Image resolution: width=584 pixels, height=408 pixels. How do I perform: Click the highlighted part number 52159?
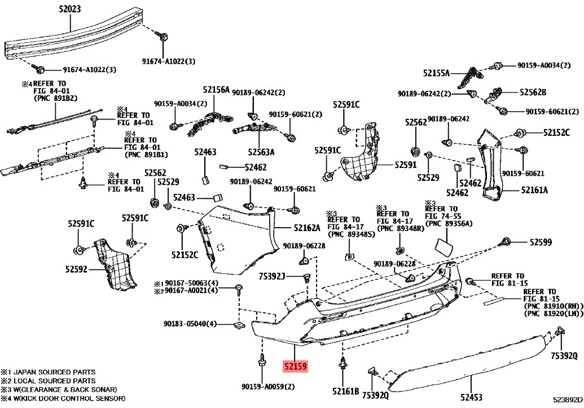[x=295, y=366]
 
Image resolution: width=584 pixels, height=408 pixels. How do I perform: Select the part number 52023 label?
[x=70, y=10]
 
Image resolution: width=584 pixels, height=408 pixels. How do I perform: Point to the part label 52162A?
[x=306, y=228]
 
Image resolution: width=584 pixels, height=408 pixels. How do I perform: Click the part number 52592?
[x=76, y=269]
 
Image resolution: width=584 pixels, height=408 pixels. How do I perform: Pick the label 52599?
[x=541, y=242]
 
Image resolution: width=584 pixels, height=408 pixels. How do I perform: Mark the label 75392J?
[x=273, y=276]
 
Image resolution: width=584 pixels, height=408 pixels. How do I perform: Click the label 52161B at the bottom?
[x=345, y=391]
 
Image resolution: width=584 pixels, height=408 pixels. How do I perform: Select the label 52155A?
[x=437, y=73]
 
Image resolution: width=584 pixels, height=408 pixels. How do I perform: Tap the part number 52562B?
[x=533, y=92]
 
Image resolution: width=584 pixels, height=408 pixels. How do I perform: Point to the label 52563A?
[x=261, y=152]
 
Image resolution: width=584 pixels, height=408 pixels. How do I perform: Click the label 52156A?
[x=217, y=90]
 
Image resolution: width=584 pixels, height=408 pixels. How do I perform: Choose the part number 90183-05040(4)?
[x=190, y=324]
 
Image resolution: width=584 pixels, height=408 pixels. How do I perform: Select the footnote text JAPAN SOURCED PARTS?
[x=55, y=372]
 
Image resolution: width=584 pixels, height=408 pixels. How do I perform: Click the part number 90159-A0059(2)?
[x=268, y=387]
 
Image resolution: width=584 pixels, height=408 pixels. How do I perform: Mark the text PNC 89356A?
[x=449, y=224]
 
